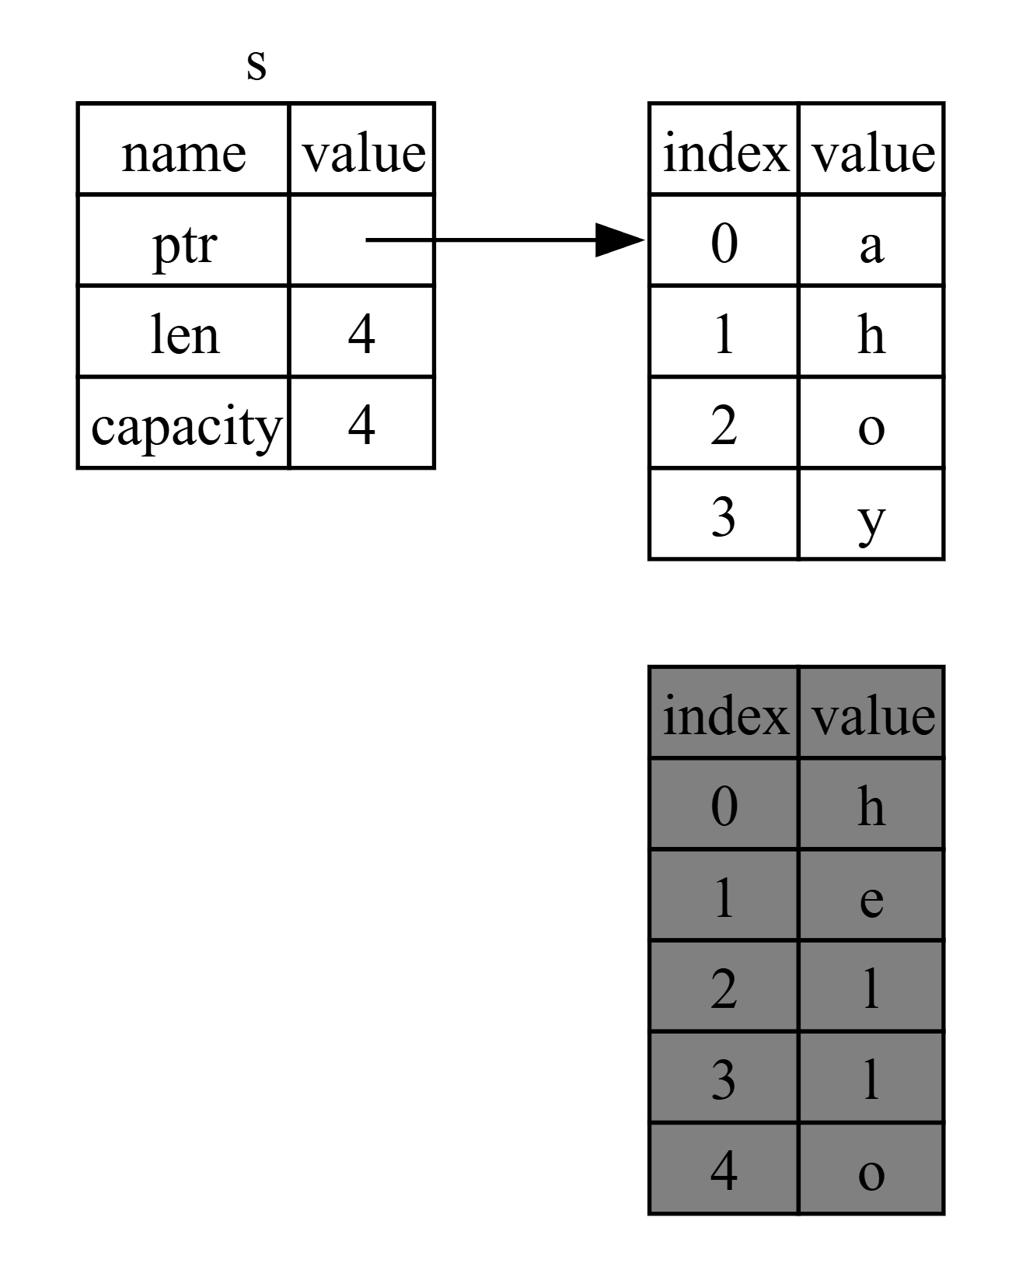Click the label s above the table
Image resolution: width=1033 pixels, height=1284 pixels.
pos(257,67)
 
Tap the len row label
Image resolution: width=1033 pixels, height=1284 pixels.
pos(184,334)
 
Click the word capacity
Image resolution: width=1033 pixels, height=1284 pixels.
pos(185,427)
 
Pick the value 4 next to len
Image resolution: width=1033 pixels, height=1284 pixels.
pos(361,334)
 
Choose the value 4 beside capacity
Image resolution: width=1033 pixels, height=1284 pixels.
pos(361,426)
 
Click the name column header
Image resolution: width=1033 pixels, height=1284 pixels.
pos(184,153)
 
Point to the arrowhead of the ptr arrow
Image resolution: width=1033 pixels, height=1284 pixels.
pos(620,240)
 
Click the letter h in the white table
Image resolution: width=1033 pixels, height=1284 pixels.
pos(871,334)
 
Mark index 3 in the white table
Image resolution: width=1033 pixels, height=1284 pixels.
pos(724,517)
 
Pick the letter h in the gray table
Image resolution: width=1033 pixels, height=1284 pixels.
pos(871,806)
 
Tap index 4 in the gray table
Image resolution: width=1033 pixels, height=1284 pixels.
pos(724,1171)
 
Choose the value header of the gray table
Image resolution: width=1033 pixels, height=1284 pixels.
pos(872,716)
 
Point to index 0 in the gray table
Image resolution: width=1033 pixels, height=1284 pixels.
pos(724,807)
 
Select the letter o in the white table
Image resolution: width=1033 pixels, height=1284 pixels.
pos(871,429)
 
